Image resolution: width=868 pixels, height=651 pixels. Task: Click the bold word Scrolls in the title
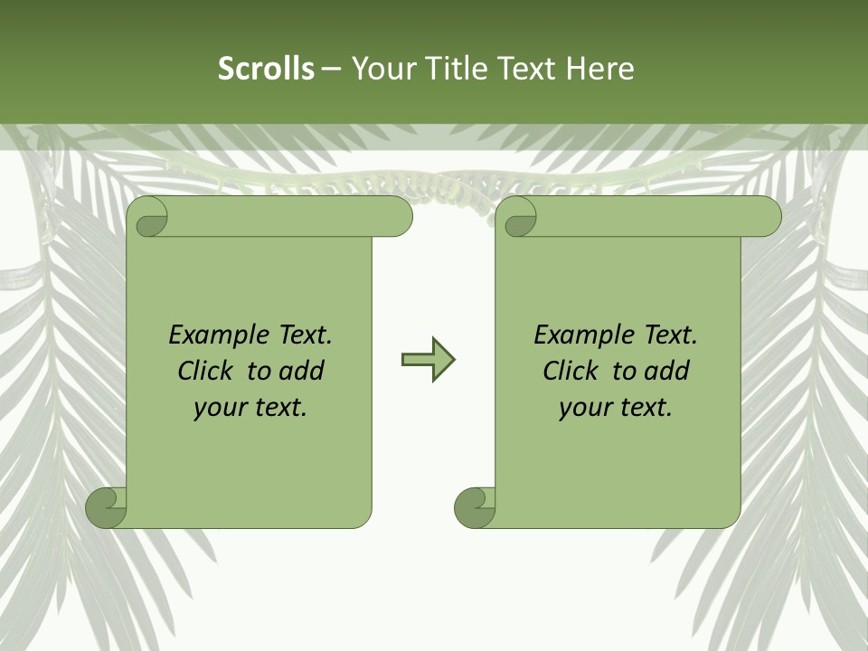point(267,68)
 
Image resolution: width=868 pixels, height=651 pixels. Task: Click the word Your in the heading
point(381,68)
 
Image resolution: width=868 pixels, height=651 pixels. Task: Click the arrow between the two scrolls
point(428,360)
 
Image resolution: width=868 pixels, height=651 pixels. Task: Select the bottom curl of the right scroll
point(475,507)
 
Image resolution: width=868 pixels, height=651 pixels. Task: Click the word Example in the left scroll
point(215,335)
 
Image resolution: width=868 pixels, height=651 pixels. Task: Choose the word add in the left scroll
point(302,371)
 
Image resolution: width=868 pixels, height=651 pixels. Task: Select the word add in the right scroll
point(667,371)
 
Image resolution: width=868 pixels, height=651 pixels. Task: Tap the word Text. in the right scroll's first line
point(670,335)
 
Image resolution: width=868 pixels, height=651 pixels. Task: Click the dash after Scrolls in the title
point(331,69)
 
